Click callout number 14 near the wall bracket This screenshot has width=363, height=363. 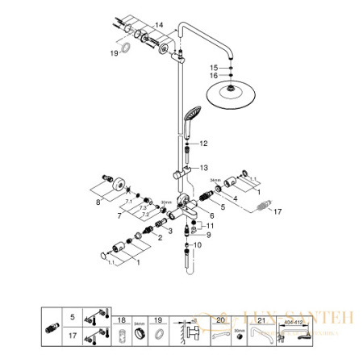pyautogui.click(x=158, y=26)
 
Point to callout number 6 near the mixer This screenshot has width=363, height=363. pyautogui.click(x=212, y=215)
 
